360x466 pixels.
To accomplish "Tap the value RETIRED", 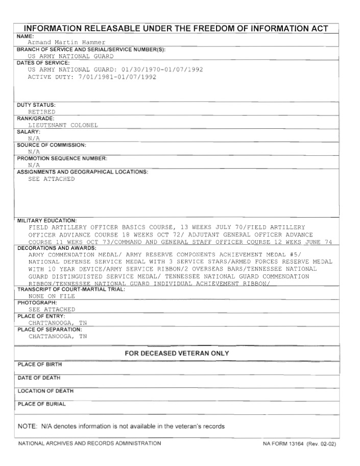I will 42,111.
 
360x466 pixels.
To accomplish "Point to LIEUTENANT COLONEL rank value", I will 63,125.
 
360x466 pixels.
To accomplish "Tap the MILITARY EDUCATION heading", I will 46,220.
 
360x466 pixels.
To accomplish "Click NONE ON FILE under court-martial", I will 52,296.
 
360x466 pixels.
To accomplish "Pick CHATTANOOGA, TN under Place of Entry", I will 58,323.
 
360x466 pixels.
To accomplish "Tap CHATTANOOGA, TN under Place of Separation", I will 58,336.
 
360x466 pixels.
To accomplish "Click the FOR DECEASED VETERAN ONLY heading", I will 177,354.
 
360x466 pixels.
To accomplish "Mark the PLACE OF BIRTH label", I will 40,364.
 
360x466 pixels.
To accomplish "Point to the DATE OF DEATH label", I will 39,378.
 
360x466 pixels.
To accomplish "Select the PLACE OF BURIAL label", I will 42,404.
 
